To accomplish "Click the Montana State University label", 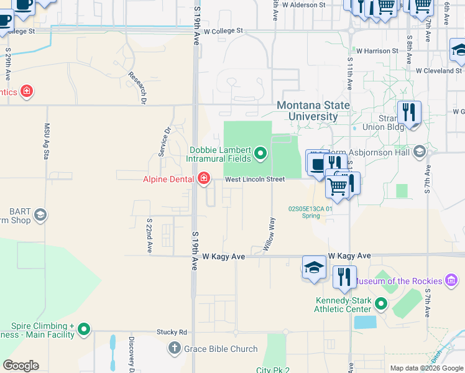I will coord(313,111).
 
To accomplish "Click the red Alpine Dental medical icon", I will coord(204,179).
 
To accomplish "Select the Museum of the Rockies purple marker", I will coord(452,281).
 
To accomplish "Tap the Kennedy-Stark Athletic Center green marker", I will coord(380,304).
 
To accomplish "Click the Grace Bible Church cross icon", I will coord(175,349).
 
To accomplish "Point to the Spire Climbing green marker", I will coord(84,329).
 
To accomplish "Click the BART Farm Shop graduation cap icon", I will coord(40,215).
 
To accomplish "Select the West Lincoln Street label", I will coord(254,179).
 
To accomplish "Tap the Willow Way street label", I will coord(269,234).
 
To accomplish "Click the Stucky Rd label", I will coord(172,332).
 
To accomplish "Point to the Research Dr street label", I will coord(137,88).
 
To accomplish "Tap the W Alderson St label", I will coord(303,4).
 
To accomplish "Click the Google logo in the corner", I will coord(21,366).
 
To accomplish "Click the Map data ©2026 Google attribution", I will coord(426,368).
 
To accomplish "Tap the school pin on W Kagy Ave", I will coord(314,268).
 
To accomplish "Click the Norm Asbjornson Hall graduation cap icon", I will coord(419,150).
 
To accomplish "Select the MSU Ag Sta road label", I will coord(46,142).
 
